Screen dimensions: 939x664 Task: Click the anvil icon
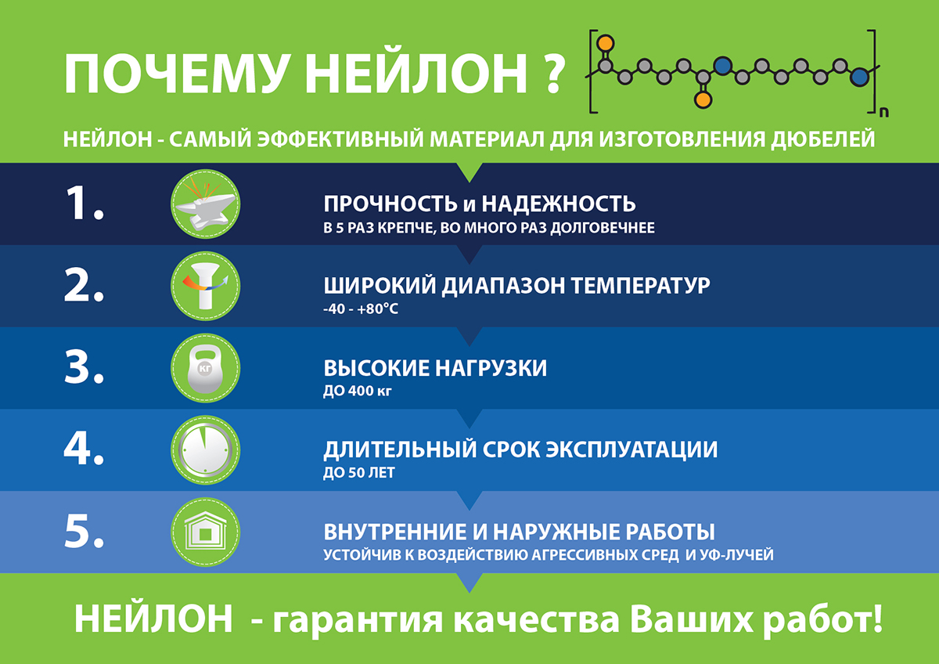[205, 204]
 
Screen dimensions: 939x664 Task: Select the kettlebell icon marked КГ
[205, 368]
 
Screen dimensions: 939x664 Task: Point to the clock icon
[205, 450]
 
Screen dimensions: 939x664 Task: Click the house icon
[205, 532]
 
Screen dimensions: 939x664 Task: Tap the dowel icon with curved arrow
[205, 286]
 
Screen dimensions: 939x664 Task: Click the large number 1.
[84, 204]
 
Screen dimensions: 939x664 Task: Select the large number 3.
[84, 367]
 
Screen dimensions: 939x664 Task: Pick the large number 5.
[84, 531]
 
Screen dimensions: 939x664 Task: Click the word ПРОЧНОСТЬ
[390, 204]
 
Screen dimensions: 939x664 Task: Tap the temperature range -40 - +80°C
[361, 309]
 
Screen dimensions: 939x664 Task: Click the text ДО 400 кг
[357, 391]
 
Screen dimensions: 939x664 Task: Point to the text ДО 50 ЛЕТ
[359, 473]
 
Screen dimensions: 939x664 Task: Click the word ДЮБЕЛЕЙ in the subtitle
[823, 139]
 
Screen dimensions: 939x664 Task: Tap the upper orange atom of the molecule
[606, 43]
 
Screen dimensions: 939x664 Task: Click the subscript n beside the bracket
[884, 113]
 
